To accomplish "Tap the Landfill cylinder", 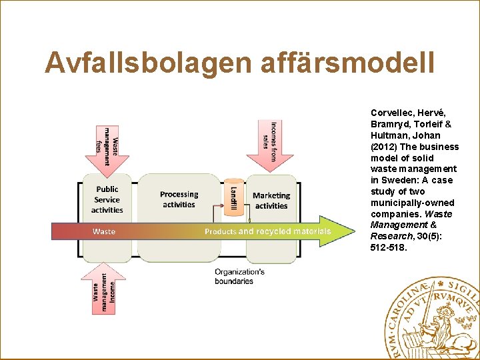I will pyautogui.click(x=233, y=196).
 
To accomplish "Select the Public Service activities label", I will pyautogui.click(x=107, y=199).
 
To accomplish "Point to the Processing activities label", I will pyautogui.click(x=179, y=199).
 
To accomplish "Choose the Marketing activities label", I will pyautogui.click(x=271, y=200).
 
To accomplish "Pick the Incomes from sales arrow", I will pyautogui.click(x=270, y=145).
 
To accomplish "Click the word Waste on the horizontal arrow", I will pyautogui.click(x=104, y=231).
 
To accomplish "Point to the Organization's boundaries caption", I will pyautogui.click(x=239, y=277).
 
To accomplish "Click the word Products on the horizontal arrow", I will pyautogui.click(x=220, y=231).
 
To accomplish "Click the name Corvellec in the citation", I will pyautogui.click(x=392, y=113).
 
